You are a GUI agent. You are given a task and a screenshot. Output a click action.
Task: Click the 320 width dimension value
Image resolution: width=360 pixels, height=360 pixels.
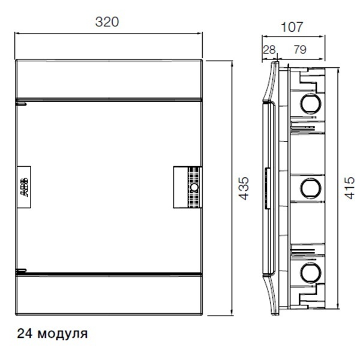[107, 22]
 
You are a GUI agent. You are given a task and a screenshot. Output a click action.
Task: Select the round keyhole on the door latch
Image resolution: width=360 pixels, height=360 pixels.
[194, 188]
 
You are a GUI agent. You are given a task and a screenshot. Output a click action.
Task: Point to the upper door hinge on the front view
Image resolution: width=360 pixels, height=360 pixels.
[20, 103]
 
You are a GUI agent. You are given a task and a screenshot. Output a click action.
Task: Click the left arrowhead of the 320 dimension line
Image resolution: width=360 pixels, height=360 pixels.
[17, 34]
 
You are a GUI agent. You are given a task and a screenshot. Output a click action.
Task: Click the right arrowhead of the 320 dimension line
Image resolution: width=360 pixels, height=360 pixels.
[200, 34]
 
